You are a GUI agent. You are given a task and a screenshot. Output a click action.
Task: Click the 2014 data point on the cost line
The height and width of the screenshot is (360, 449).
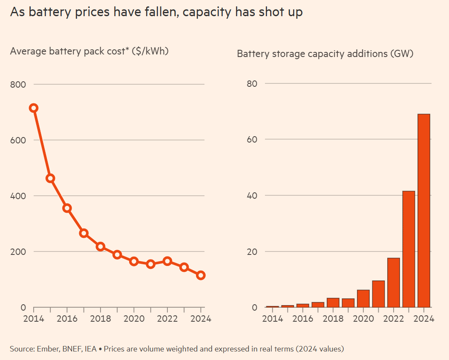(x=34, y=108)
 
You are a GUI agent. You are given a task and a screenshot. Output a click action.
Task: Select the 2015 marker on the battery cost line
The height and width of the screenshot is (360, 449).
(x=50, y=178)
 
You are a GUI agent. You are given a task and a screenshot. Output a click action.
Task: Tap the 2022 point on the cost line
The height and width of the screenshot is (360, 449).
(x=167, y=261)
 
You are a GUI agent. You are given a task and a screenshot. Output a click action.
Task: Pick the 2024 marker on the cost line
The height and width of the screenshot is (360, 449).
(x=201, y=275)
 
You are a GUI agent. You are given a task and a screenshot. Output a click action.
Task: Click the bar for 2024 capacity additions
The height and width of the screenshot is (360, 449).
(x=423, y=211)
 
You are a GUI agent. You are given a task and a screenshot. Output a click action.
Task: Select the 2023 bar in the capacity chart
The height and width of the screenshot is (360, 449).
(x=409, y=249)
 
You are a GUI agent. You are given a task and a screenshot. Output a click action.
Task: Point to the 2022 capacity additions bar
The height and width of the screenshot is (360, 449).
(x=394, y=283)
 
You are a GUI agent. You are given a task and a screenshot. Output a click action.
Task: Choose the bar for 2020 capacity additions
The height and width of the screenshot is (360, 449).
(x=363, y=298)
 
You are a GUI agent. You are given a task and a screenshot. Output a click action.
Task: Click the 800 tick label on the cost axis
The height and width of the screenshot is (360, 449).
(x=18, y=84)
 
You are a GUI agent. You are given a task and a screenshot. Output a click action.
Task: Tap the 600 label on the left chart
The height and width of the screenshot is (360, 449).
(x=18, y=140)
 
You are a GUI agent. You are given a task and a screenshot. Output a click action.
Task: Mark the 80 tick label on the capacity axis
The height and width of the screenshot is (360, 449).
(x=252, y=83)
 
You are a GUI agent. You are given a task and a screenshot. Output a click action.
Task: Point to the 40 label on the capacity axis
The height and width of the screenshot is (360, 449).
(x=252, y=195)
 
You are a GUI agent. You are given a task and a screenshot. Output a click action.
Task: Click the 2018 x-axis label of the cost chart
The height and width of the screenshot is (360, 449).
(x=101, y=319)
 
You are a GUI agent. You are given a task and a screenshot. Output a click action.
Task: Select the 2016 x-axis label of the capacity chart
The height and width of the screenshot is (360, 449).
(x=302, y=319)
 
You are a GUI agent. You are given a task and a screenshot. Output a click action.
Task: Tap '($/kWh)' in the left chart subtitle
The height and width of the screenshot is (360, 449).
(x=150, y=51)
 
